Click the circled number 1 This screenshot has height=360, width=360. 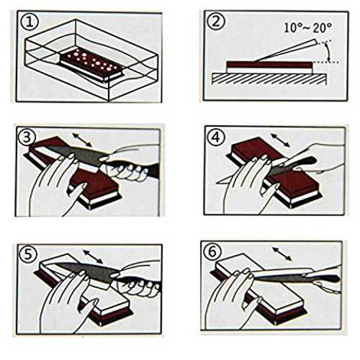point(30,22)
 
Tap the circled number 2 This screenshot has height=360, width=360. point(217,21)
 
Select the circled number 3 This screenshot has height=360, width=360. point(27,138)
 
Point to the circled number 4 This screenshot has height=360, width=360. point(216,137)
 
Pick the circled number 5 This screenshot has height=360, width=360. point(28,254)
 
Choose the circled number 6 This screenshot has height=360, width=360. point(212,251)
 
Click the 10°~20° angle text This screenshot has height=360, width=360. point(308,28)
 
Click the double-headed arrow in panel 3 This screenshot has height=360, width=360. point(82,140)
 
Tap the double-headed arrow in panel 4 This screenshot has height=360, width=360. point(280,140)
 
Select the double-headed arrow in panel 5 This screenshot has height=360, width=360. point(93,257)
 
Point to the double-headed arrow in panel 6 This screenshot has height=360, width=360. point(282,254)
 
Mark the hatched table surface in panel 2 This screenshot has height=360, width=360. point(269,78)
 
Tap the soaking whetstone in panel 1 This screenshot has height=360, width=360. point(91,65)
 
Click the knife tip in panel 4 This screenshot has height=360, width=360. point(217,183)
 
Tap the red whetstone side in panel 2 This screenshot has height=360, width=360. point(270,64)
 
